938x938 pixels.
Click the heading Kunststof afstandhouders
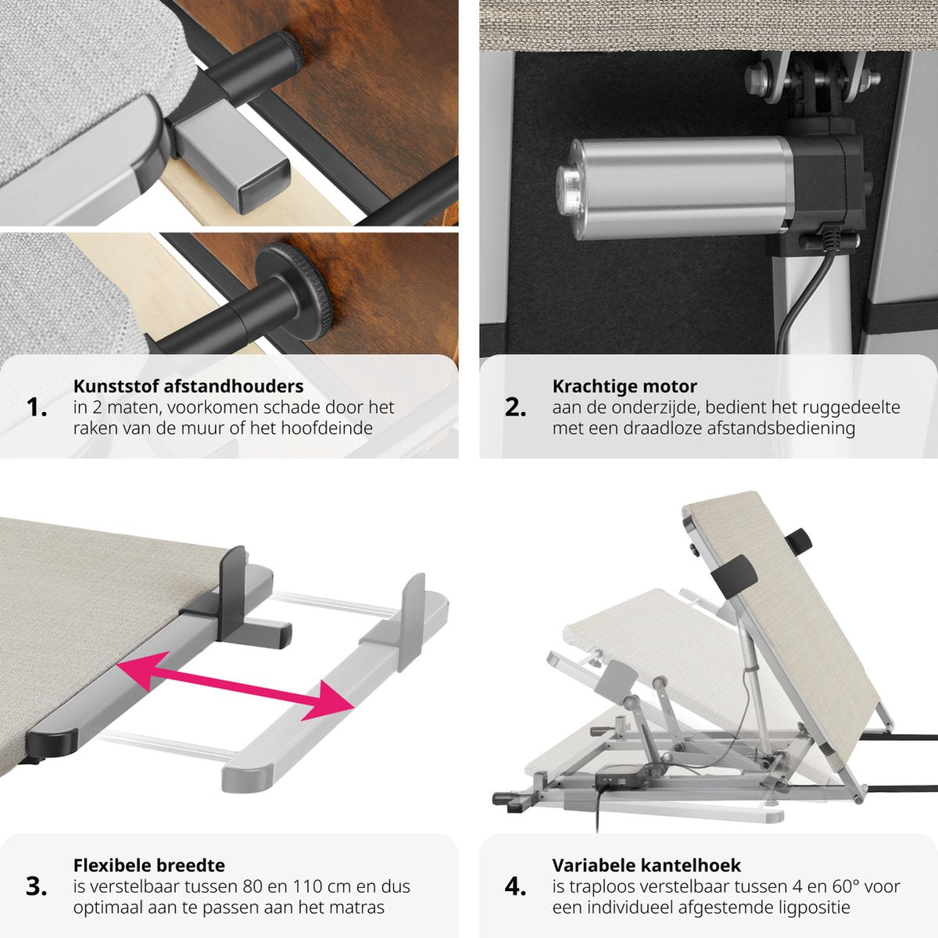(x=188, y=386)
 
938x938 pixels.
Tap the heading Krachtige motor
(x=625, y=386)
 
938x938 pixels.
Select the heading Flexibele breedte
(x=149, y=865)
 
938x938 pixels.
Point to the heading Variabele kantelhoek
(x=646, y=865)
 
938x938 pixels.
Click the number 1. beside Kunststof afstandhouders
(x=37, y=407)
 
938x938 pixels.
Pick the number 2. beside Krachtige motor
(x=515, y=407)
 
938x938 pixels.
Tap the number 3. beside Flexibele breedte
(x=37, y=886)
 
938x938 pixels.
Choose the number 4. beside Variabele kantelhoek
(x=515, y=886)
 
